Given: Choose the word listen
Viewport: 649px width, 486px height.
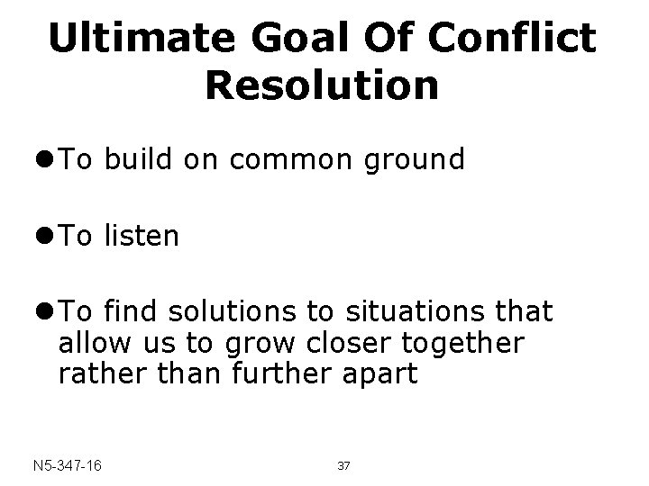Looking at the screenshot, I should pyautogui.click(x=142, y=238).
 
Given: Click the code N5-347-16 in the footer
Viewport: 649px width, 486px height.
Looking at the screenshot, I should pyautogui.click(x=66, y=466).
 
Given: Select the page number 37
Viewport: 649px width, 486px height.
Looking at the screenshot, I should pyautogui.click(x=343, y=466).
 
